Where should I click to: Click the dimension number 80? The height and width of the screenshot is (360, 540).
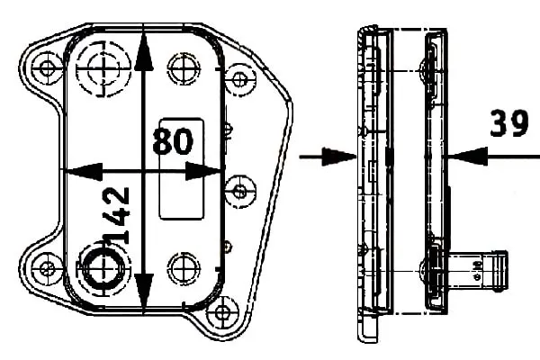click(173, 141)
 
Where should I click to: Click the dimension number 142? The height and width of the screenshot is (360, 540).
click(117, 216)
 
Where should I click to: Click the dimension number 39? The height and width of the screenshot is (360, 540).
click(508, 123)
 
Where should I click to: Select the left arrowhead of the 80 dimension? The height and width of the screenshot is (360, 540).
click(84, 171)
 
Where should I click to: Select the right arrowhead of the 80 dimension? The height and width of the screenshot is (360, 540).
click(202, 171)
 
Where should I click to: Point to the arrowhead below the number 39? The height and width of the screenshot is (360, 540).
click(468, 156)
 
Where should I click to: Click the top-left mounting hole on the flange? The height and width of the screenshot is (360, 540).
click(47, 67)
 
